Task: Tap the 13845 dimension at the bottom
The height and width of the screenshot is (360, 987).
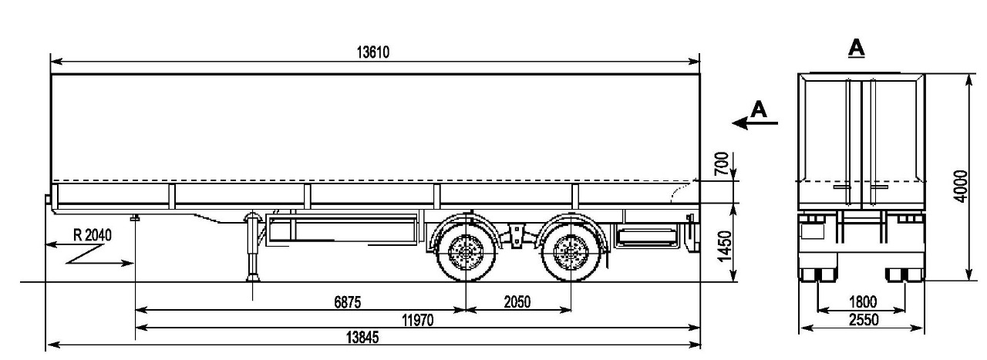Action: (362, 338)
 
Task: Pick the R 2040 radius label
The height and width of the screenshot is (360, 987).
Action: (92, 235)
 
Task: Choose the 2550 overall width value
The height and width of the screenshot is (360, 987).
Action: (861, 319)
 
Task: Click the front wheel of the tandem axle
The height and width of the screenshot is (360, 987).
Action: (465, 251)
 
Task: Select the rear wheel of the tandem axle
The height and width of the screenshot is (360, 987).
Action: (571, 251)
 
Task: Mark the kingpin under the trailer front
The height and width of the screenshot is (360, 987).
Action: (136, 220)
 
